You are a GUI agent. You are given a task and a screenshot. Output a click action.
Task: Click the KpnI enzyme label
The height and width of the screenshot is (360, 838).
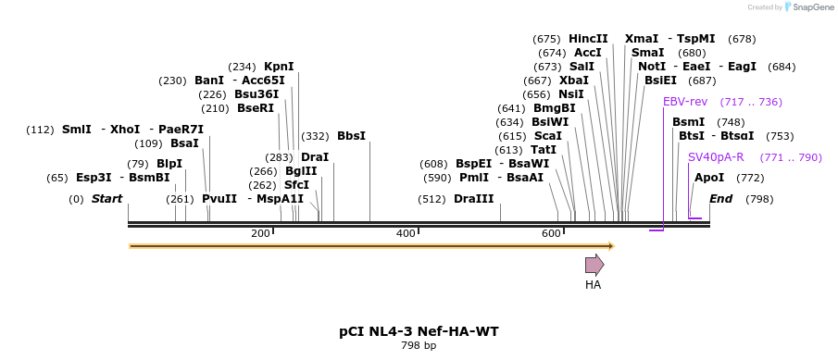[279, 67]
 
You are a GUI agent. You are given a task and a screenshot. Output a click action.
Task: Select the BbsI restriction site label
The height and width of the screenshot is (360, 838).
[352, 136]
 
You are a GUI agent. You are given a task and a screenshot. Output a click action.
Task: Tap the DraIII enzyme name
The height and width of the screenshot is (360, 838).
[474, 199]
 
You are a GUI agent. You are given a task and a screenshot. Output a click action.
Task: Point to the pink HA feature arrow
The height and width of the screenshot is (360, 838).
[594, 265]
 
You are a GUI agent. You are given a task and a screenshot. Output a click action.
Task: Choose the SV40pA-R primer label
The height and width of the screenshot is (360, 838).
[716, 157]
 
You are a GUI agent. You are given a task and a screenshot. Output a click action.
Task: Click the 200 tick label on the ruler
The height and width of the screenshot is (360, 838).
[260, 233]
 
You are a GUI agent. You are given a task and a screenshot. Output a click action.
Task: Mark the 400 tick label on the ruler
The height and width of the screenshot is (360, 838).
[406, 233]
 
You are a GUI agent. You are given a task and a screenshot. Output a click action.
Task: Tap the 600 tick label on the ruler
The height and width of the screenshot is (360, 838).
[551, 233]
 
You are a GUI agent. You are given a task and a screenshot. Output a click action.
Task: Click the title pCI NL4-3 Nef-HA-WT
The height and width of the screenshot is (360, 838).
[419, 331]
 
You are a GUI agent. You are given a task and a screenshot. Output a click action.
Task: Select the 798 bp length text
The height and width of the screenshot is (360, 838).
[419, 346]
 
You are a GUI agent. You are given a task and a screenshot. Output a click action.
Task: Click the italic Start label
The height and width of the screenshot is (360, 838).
[106, 199]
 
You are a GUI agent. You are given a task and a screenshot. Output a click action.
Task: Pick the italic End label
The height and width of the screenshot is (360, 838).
[721, 199]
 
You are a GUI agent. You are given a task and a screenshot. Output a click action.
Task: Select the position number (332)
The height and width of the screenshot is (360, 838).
[316, 136]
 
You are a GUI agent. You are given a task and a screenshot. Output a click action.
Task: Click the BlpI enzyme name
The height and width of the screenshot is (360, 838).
[169, 164]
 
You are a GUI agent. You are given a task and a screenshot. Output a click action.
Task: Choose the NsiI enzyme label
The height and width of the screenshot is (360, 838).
[571, 94]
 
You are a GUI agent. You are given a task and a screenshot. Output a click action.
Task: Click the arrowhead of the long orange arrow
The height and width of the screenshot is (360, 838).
[612, 246]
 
